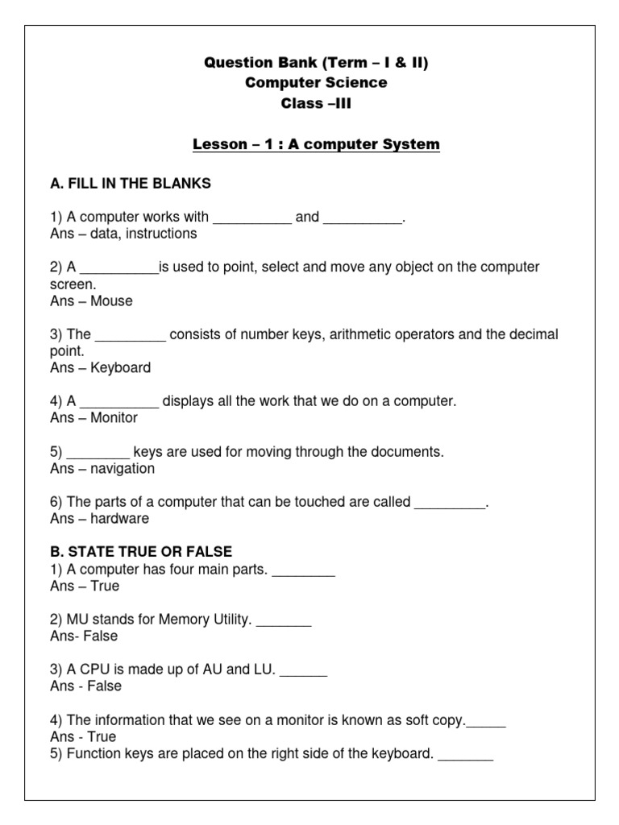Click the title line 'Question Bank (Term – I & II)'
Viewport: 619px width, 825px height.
point(316,63)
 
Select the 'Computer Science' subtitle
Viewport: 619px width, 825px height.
point(316,83)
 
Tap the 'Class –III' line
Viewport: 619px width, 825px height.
point(316,103)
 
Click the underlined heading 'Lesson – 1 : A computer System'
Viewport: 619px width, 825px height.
point(316,145)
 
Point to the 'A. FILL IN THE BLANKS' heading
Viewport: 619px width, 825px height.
point(131,184)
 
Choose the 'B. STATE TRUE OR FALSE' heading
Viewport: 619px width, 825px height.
point(141,552)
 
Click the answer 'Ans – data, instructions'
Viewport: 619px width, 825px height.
point(123,234)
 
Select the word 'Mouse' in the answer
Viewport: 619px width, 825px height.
point(111,301)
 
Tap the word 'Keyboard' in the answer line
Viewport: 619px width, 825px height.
point(120,367)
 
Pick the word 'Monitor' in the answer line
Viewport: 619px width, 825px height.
point(114,417)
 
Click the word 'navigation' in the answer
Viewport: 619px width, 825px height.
point(123,468)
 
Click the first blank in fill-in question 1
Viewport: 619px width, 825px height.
point(251,218)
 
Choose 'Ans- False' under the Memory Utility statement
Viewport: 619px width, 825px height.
point(84,636)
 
